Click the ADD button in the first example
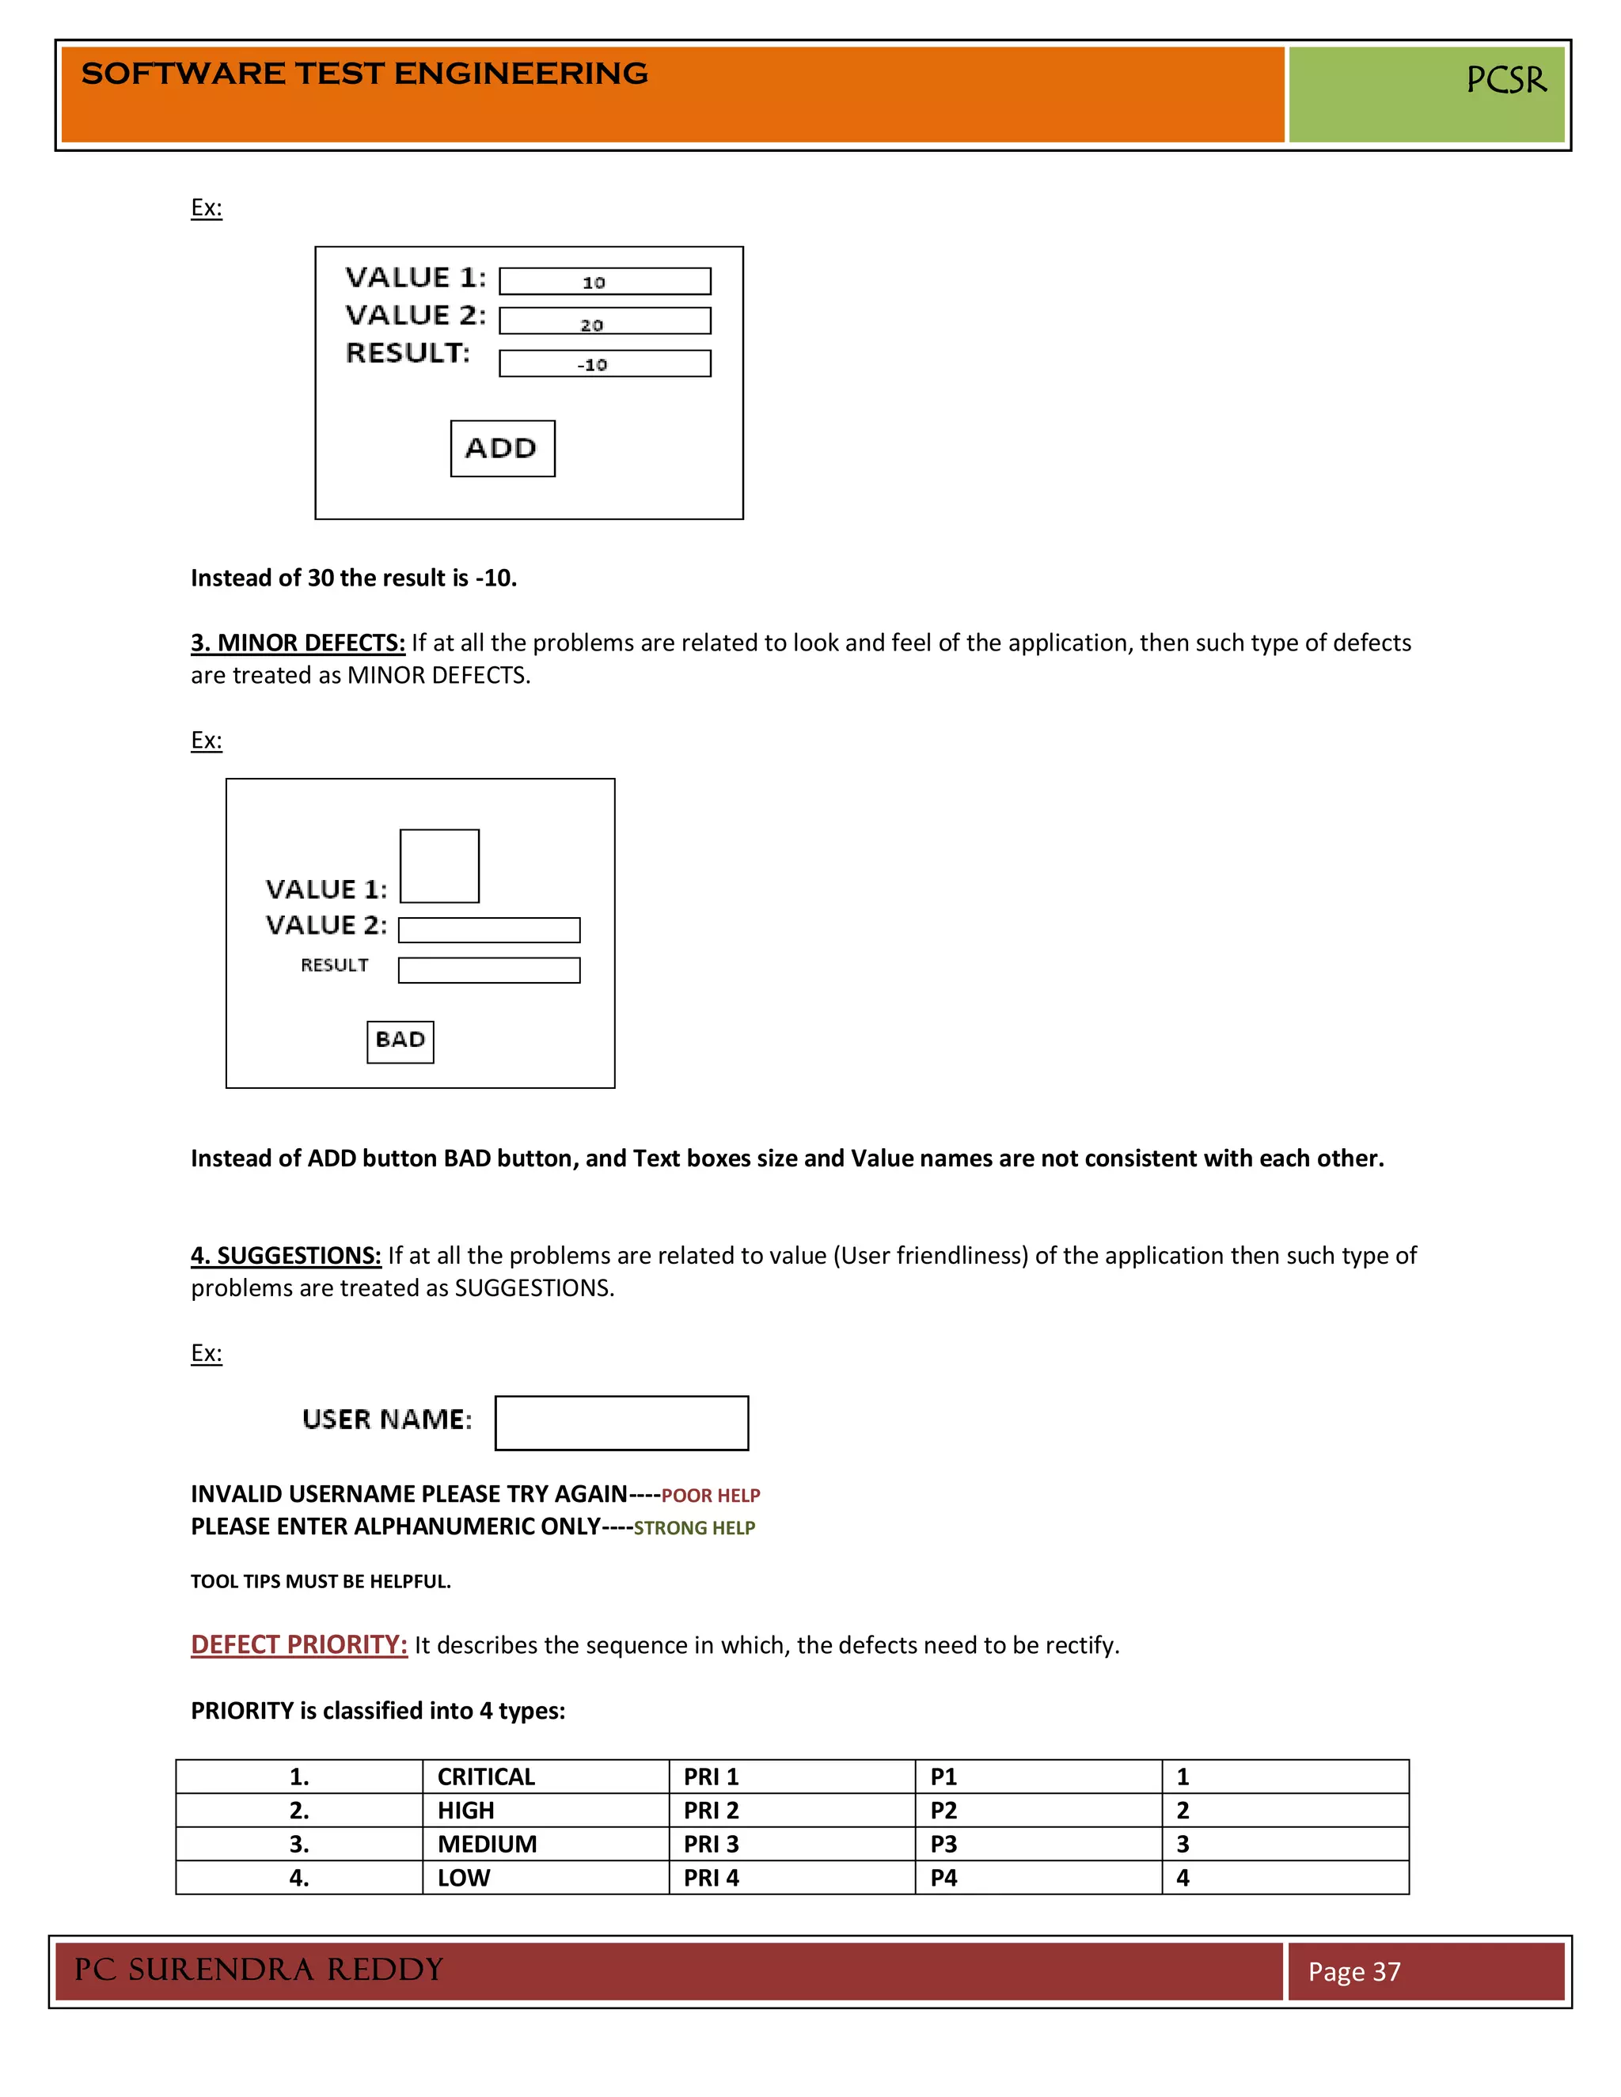(x=503, y=449)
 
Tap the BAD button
(x=401, y=1041)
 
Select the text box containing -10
(x=605, y=364)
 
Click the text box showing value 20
(x=605, y=321)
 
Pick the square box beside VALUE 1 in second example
(x=438, y=865)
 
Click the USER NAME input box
(x=621, y=1422)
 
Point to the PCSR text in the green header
(x=1505, y=80)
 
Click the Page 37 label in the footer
(x=1354, y=1971)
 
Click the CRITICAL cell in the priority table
(x=486, y=1777)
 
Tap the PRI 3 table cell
(x=711, y=1844)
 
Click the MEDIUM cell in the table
(x=487, y=1844)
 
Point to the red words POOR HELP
(x=711, y=1495)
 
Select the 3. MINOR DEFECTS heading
(x=298, y=643)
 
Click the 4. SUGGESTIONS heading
(x=285, y=1255)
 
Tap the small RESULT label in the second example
(x=334, y=965)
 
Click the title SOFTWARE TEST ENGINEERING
(x=364, y=74)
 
